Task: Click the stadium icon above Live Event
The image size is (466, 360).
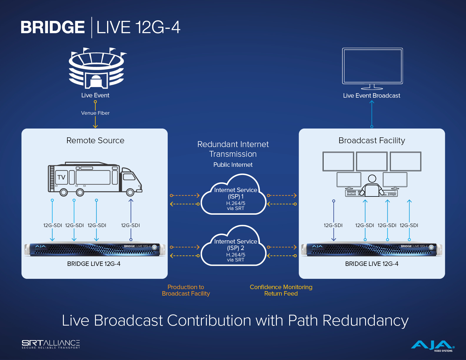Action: [x=97, y=68]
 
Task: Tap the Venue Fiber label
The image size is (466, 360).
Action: [x=95, y=113]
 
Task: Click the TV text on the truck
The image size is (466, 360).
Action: [x=61, y=177]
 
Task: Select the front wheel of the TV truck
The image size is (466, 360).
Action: [x=130, y=192]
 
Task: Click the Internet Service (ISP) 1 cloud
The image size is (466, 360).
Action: [x=234, y=194]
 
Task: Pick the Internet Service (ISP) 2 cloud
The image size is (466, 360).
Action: [x=234, y=246]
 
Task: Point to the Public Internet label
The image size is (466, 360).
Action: [x=233, y=165]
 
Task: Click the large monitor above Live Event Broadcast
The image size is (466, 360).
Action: [x=372, y=69]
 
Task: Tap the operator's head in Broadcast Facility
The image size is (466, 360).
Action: [x=372, y=179]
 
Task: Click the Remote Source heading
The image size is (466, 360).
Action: [x=95, y=140]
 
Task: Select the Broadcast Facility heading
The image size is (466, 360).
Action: [x=372, y=140]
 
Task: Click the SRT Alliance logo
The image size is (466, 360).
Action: [x=51, y=344]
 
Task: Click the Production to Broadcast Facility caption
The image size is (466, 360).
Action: [x=186, y=290]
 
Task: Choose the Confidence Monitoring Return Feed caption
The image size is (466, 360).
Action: [x=281, y=290]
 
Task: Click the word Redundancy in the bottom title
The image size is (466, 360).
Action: [x=365, y=321]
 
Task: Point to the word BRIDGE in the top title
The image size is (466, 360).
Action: [x=53, y=27]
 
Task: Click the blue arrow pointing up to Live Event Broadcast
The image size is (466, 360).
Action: [x=372, y=114]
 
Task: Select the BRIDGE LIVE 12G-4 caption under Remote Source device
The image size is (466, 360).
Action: [x=94, y=264]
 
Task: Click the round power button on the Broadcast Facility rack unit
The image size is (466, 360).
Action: [x=431, y=247]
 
